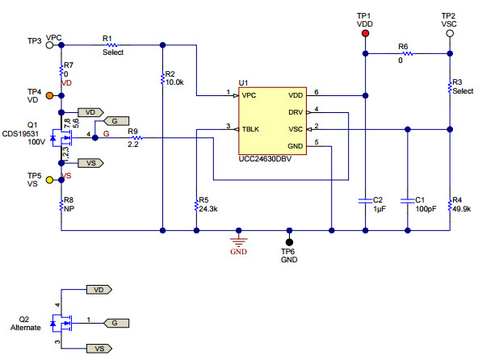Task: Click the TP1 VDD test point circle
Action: point(365,37)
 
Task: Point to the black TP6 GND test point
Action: point(289,241)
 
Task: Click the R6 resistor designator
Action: point(403,46)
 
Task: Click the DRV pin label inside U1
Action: point(297,111)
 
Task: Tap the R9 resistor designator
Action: point(132,131)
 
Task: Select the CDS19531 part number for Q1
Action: point(21,134)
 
